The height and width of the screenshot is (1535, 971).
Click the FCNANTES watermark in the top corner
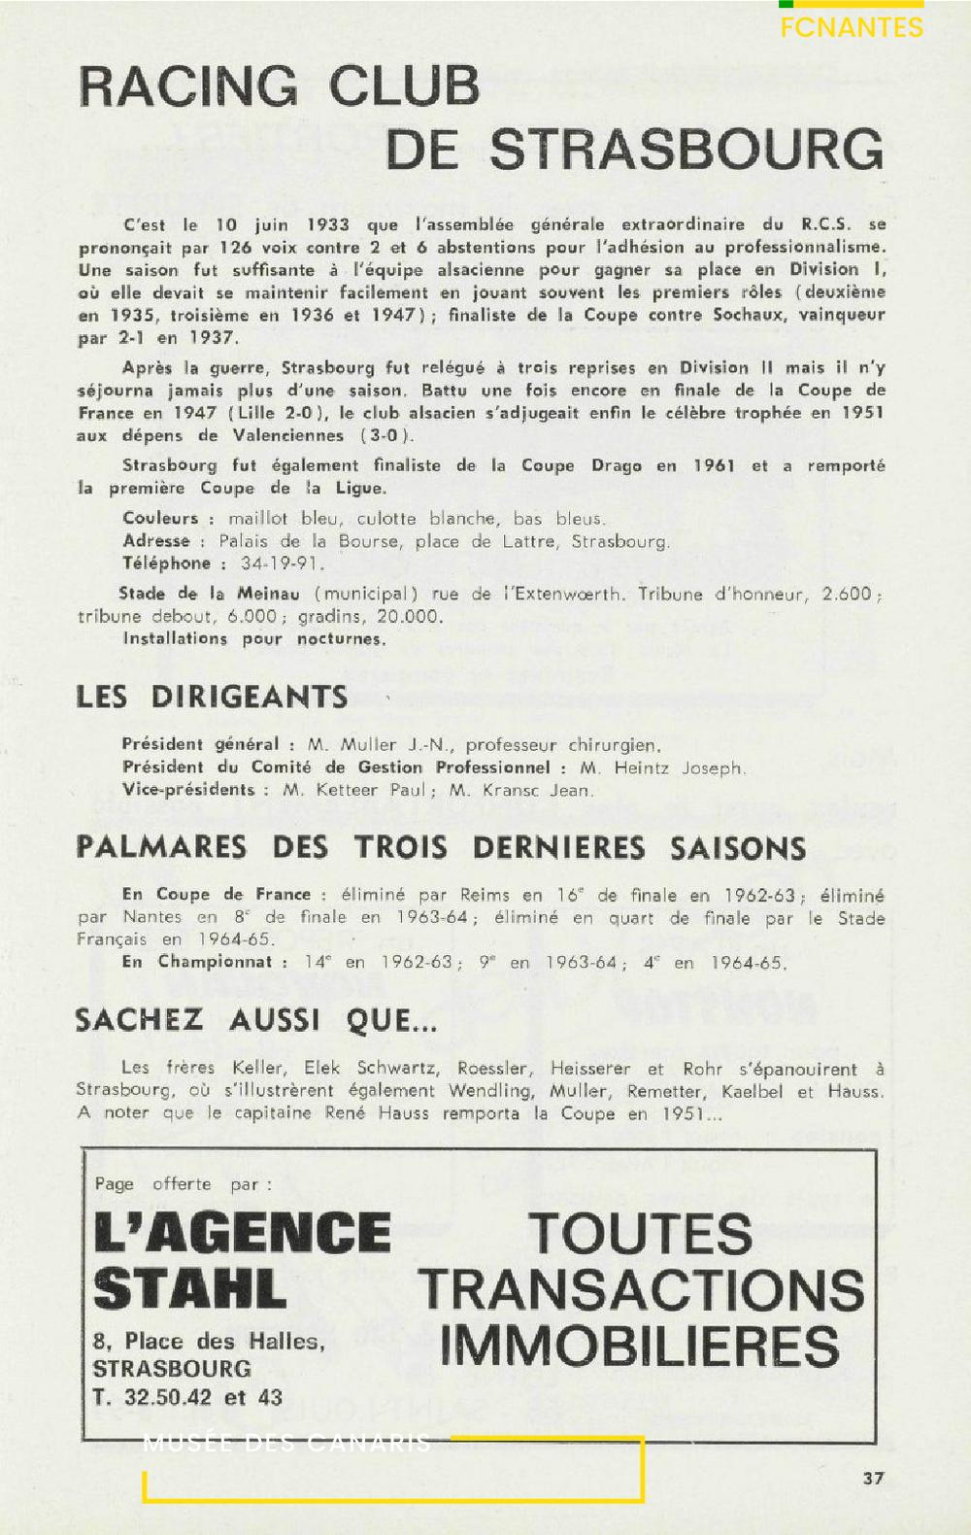(852, 27)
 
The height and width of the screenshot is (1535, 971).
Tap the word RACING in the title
(188, 86)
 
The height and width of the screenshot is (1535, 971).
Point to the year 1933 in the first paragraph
(327, 224)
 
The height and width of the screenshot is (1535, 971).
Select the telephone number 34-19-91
(283, 563)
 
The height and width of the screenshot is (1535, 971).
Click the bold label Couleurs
(160, 519)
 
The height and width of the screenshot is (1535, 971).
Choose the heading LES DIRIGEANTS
(212, 697)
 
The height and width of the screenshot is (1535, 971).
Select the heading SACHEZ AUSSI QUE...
(256, 1020)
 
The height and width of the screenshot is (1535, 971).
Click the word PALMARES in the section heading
(161, 847)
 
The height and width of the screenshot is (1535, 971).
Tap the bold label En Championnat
(205, 962)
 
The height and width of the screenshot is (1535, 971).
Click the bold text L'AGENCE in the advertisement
(243, 1232)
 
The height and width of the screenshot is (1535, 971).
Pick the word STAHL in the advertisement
(190, 1288)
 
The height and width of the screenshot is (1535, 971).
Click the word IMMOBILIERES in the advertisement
(640, 1346)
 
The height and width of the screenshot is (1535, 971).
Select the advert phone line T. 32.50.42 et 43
(187, 1397)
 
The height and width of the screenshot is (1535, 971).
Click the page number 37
(873, 1478)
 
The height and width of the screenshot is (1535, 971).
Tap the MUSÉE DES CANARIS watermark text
(286, 1444)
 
